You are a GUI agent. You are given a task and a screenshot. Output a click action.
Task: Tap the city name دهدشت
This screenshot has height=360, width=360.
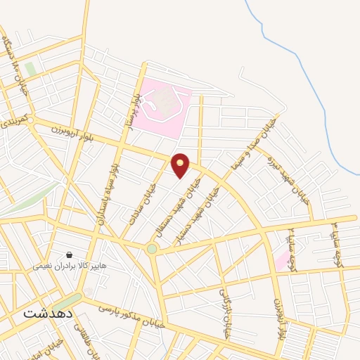[49, 313]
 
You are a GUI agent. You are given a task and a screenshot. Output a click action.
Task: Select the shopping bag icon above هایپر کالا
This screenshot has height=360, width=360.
[70, 254]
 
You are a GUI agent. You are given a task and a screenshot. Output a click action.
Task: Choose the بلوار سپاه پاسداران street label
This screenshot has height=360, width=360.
[112, 191]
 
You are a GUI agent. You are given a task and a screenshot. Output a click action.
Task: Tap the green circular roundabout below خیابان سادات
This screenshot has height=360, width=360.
[152, 249]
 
